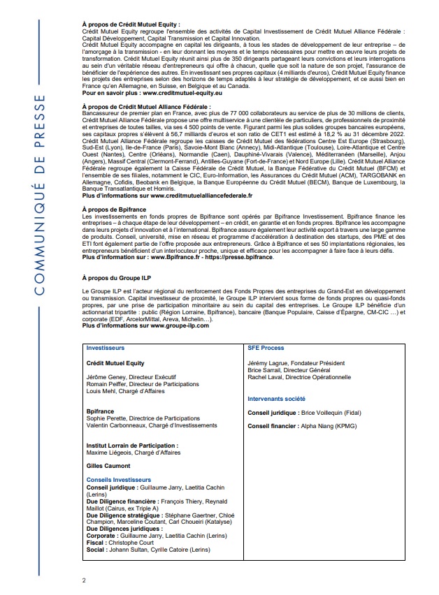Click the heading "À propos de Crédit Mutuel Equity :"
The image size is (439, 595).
131,24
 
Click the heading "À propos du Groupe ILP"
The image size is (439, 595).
116,278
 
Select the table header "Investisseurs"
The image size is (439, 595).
105,346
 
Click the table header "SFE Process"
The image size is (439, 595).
266,346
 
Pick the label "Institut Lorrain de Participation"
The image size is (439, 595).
131,445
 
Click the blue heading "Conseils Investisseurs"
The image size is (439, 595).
117,480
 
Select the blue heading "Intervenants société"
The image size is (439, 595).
278,399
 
